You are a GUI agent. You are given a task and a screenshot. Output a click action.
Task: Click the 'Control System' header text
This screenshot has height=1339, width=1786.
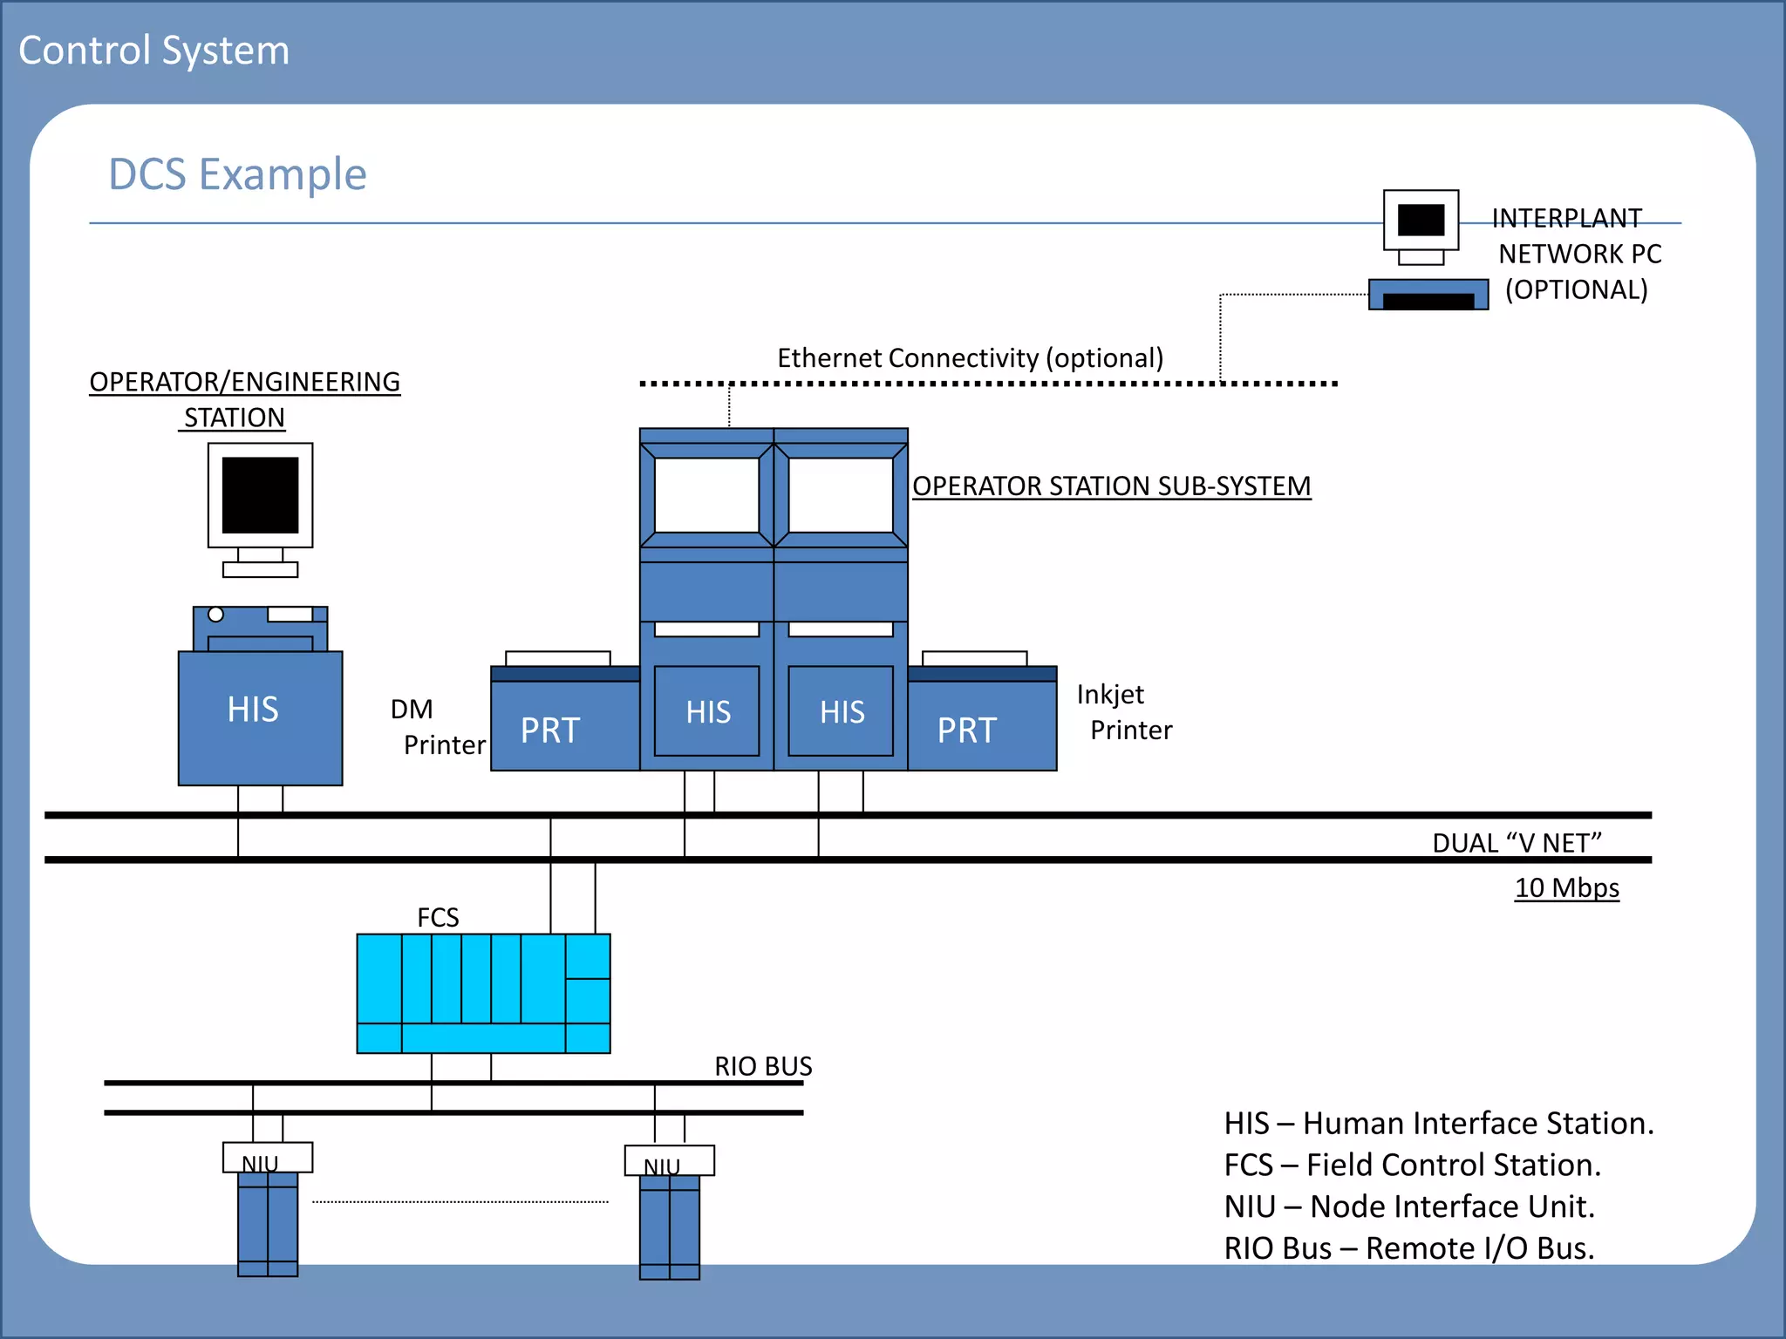point(153,51)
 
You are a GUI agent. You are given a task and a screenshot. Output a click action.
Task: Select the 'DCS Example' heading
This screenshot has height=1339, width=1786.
point(237,174)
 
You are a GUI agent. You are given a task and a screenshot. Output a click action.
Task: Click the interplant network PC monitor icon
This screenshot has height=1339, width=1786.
point(1421,221)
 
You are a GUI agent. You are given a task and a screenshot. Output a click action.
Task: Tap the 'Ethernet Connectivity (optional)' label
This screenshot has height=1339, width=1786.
point(970,357)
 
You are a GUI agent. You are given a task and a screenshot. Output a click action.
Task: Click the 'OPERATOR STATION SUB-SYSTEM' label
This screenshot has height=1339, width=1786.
point(1111,486)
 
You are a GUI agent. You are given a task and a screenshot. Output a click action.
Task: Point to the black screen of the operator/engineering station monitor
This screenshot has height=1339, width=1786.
point(260,494)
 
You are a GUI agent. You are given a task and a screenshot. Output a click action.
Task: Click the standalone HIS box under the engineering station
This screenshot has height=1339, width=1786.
point(260,717)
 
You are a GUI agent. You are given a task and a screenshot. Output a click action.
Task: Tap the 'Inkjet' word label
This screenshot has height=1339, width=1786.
point(1110,694)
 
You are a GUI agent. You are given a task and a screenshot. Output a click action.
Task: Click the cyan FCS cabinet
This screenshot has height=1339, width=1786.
point(483,993)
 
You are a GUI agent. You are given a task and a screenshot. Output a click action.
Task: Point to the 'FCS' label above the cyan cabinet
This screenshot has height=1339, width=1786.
point(438,917)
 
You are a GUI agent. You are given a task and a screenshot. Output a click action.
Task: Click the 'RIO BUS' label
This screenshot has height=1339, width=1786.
point(763,1066)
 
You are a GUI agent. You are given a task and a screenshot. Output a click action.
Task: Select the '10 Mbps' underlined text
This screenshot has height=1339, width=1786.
point(1566,887)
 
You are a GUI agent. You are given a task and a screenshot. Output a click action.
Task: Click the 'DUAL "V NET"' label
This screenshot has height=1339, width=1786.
point(1517,843)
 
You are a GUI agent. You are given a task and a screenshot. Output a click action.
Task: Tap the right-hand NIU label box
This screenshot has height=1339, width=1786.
point(669,1161)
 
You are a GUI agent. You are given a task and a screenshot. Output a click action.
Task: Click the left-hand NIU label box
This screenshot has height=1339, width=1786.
point(267,1158)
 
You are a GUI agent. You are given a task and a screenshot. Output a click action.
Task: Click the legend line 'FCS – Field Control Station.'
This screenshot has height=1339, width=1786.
point(1412,1165)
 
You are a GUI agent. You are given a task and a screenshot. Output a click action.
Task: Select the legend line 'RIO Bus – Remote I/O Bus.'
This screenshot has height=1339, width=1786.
point(1408,1247)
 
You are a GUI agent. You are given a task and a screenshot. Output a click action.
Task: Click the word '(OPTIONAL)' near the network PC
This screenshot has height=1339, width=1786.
point(1576,289)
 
